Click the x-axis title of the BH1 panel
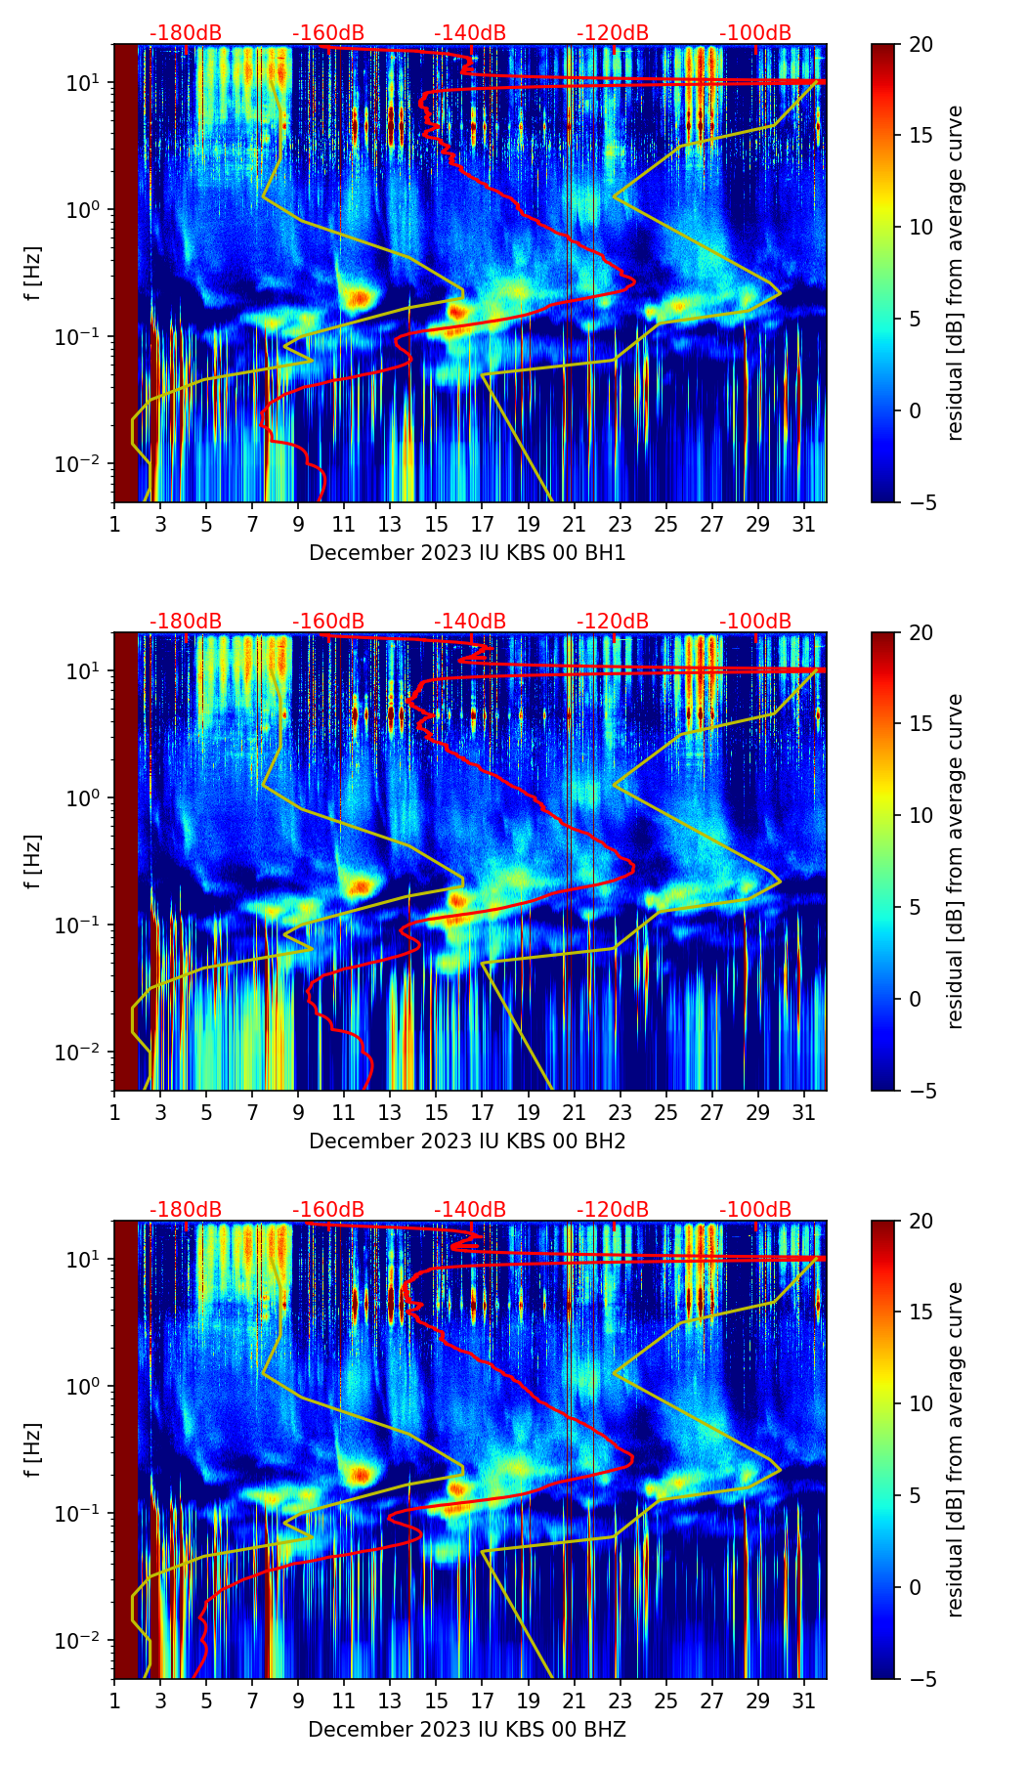point(467,553)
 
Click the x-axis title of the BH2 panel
point(467,1141)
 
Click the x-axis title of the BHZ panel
point(467,1730)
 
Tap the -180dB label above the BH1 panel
point(186,33)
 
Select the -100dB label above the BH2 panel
point(755,622)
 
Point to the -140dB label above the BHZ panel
point(470,1210)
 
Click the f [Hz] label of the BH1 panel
point(32,274)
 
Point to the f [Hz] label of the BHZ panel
point(32,1450)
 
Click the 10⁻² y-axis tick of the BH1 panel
point(81,463)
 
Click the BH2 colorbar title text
point(955,861)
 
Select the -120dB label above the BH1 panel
point(613,33)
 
